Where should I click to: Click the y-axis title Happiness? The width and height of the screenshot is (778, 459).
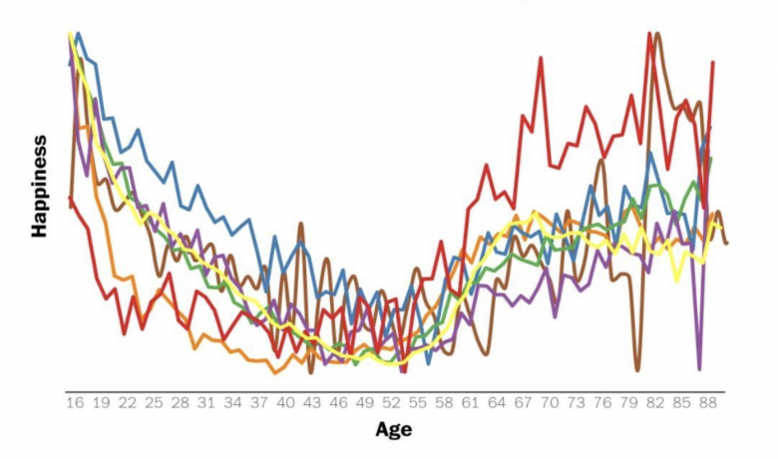40,186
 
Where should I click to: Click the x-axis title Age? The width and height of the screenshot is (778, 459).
393,430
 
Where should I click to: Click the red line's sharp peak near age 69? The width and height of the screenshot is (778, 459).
541,58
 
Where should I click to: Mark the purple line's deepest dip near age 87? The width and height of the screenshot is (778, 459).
700,368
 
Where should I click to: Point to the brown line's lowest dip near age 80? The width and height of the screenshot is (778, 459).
637,370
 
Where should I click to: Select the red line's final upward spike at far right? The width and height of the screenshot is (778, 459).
713,62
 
